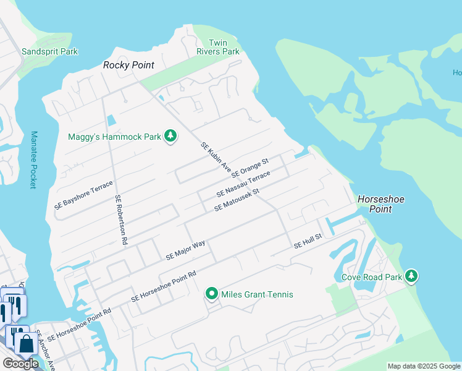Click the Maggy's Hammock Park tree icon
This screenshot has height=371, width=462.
pyautogui.click(x=170, y=136)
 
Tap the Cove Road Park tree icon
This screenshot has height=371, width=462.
pyautogui.click(x=411, y=276)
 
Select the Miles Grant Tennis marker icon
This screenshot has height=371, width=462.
pyautogui.click(x=212, y=294)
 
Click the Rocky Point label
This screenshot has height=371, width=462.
pyautogui.click(x=128, y=65)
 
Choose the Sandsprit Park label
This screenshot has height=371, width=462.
pyautogui.click(x=49, y=52)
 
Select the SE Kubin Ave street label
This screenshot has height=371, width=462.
pyautogui.click(x=216, y=158)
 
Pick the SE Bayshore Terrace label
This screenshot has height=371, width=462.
pyautogui.click(x=83, y=195)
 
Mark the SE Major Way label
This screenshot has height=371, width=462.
pyautogui.click(x=185, y=250)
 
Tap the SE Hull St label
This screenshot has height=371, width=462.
pyautogui.click(x=308, y=241)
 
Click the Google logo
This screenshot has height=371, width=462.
pyautogui.click(x=20, y=363)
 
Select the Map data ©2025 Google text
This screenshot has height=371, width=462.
pyautogui.click(x=424, y=366)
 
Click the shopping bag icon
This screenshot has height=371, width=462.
pyautogui.click(x=27, y=344)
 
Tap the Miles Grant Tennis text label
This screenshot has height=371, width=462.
pyautogui.click(x=258, y=294)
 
